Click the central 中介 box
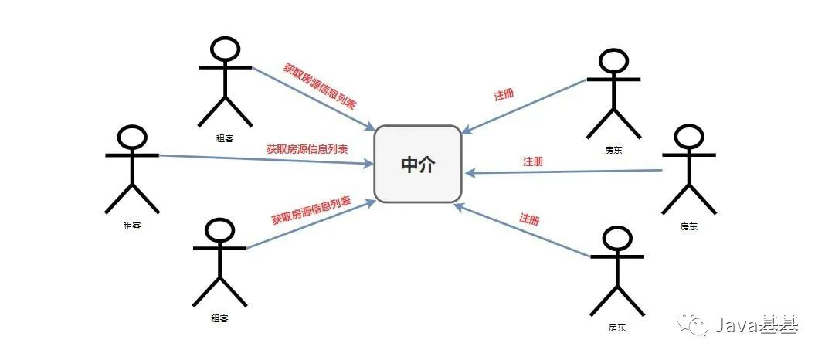pyautogui.click(x=417, y=164)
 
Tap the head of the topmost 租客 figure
pyautogui.click(x=225, y=49)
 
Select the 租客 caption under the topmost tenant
pyautogui.click(x=226, y=138)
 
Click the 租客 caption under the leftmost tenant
pyautogui.click(x=132, y=226)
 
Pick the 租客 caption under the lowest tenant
pyautogui.click(x=219, y=318)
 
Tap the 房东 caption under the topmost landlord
pyautogui.click(x=613, y=150)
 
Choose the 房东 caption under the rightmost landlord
pyautogui.click(x=688, y=226)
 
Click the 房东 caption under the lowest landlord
pyautogui.click(x=616, y=328)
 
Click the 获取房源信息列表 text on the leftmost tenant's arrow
pyautogui.click(x=307, y=148)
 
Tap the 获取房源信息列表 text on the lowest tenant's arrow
pyautogui.click(x=311, y=210)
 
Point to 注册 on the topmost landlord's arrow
pyautogui.click(x=504, y=95)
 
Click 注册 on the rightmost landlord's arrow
pyautogui.click(x=533, y=161)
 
